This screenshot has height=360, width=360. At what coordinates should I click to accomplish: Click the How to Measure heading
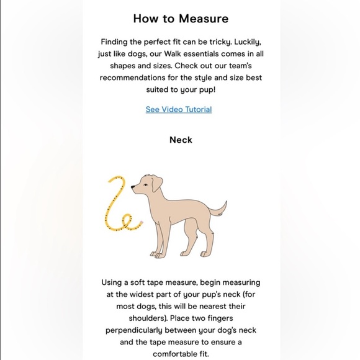coord(180,18)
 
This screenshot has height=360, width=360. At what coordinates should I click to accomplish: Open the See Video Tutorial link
coord(179,109)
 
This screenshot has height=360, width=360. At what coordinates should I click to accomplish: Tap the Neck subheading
coord(181,140)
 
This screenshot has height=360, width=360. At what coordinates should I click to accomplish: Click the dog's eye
coord(142,182)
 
